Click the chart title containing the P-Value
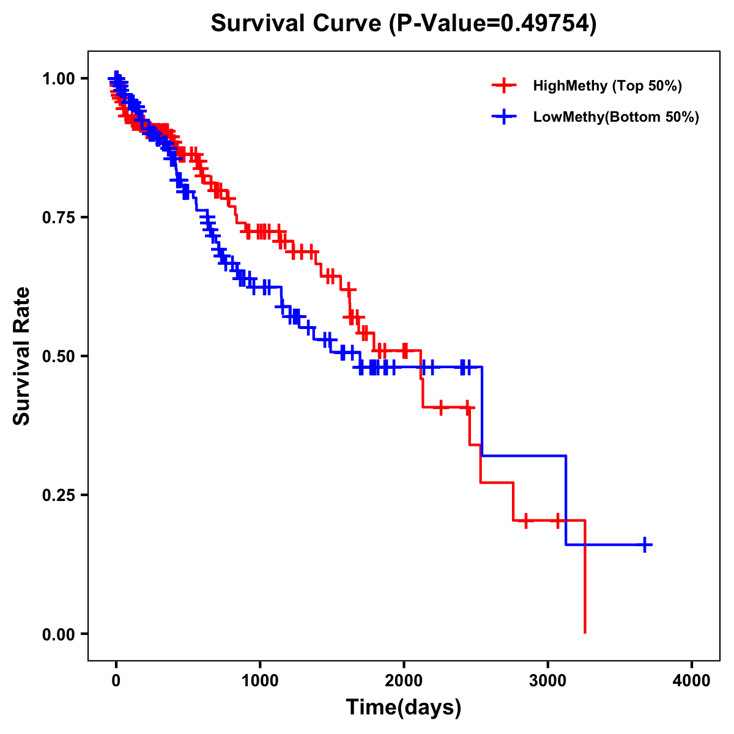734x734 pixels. coord(403,24)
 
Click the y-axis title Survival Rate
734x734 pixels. coord(22,356)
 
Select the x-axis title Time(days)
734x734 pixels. coord(404,708)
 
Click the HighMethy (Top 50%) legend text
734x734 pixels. coord(607,86)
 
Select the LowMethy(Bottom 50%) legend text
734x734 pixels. coord(616,117)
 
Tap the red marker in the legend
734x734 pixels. coord(504,86)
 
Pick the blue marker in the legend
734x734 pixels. coord(504,117)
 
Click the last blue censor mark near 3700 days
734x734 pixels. coord(645,544)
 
